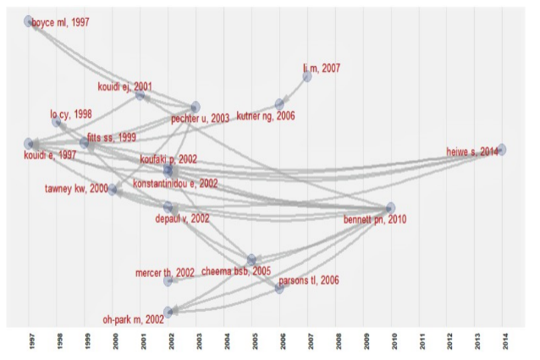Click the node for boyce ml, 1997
tap(29, 20)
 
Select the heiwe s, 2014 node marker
tap(502, 149)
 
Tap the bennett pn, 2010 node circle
tap(390, 208)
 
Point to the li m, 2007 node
tap(307, 77)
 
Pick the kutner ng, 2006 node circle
tap(279, 104)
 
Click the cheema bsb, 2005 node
tap(251, 259)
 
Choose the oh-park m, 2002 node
tap(168, 312)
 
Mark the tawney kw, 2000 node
tap(113, 189)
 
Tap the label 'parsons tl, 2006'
tap(309, 280)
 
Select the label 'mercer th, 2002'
tap(165, 273)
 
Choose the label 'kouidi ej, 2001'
tap(124, 86)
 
